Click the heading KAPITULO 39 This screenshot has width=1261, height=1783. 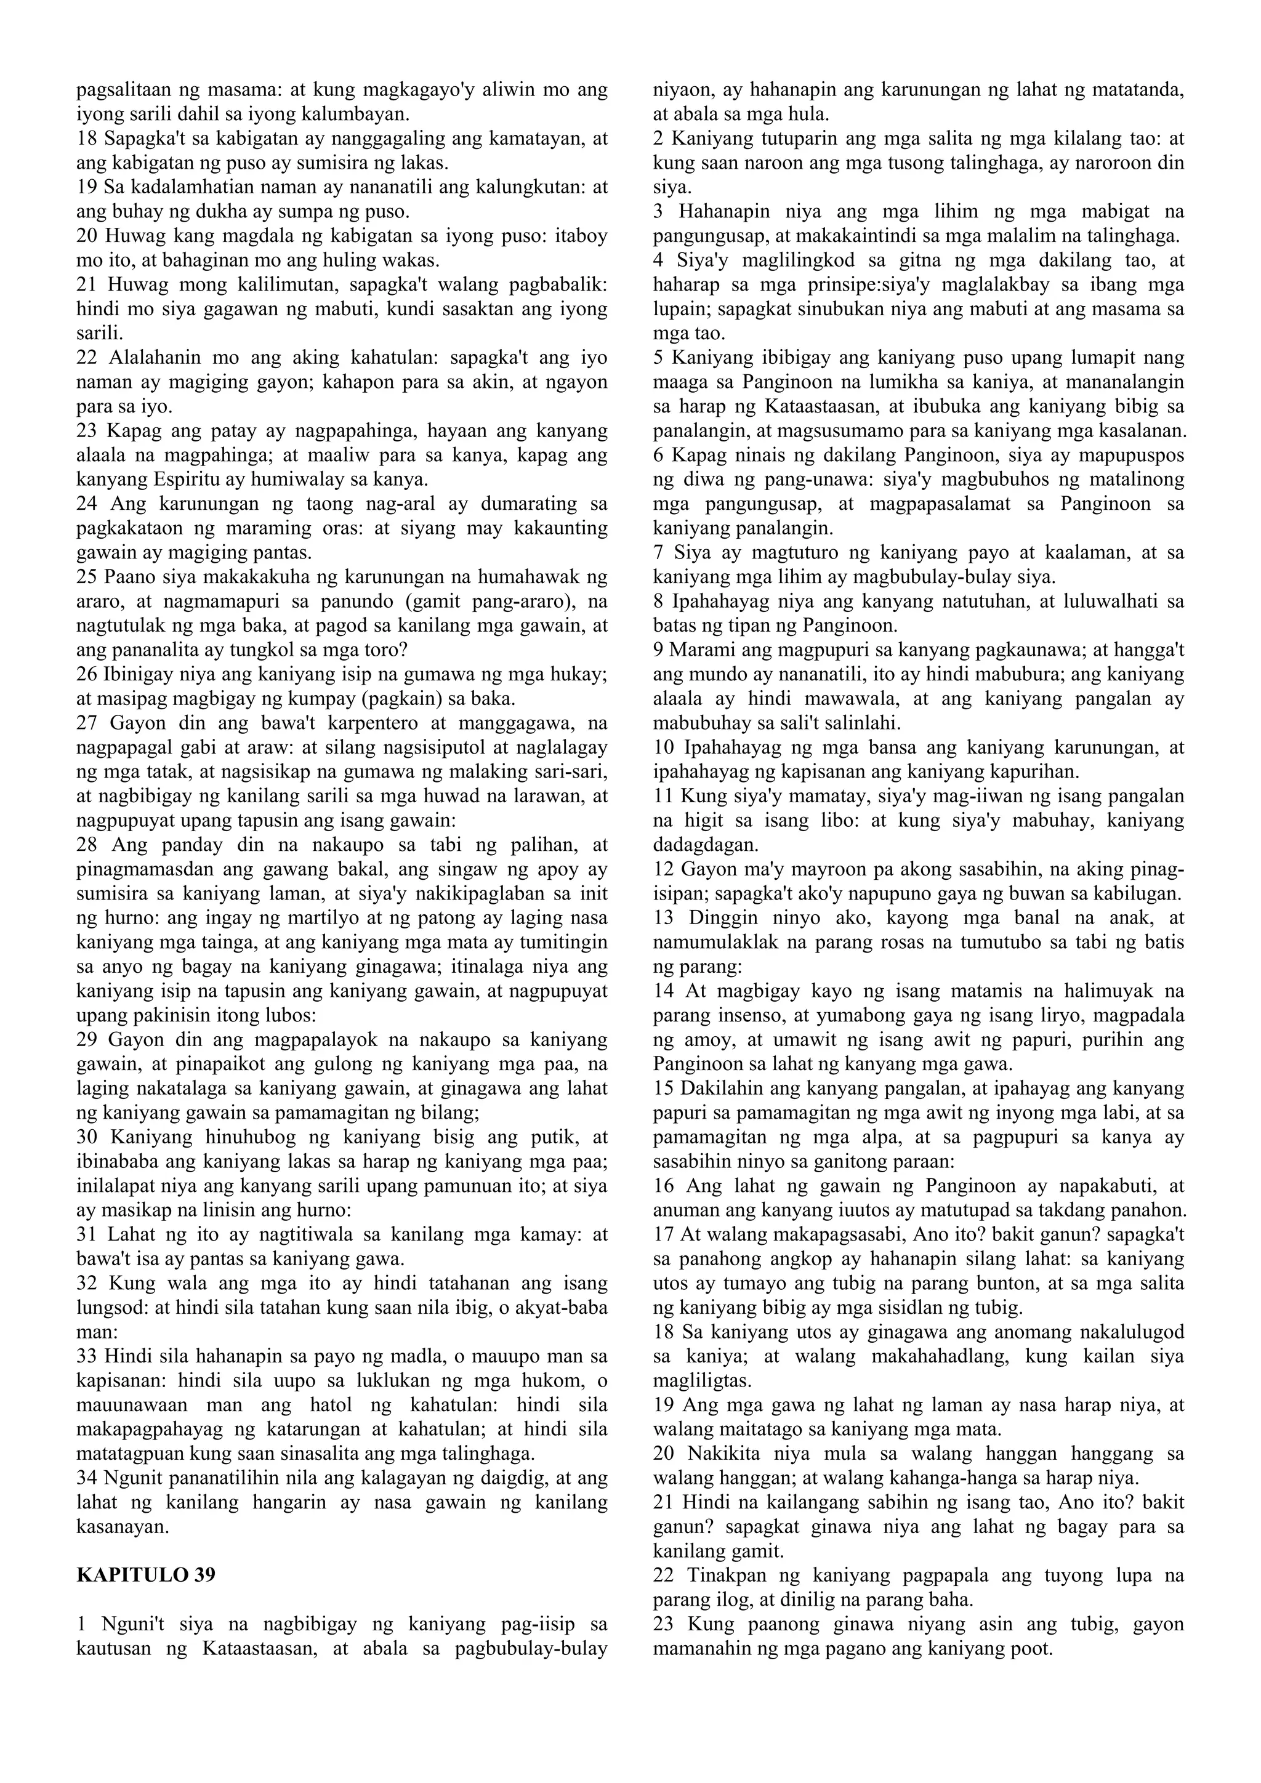pyautogui.click(x=146, y=1575)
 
